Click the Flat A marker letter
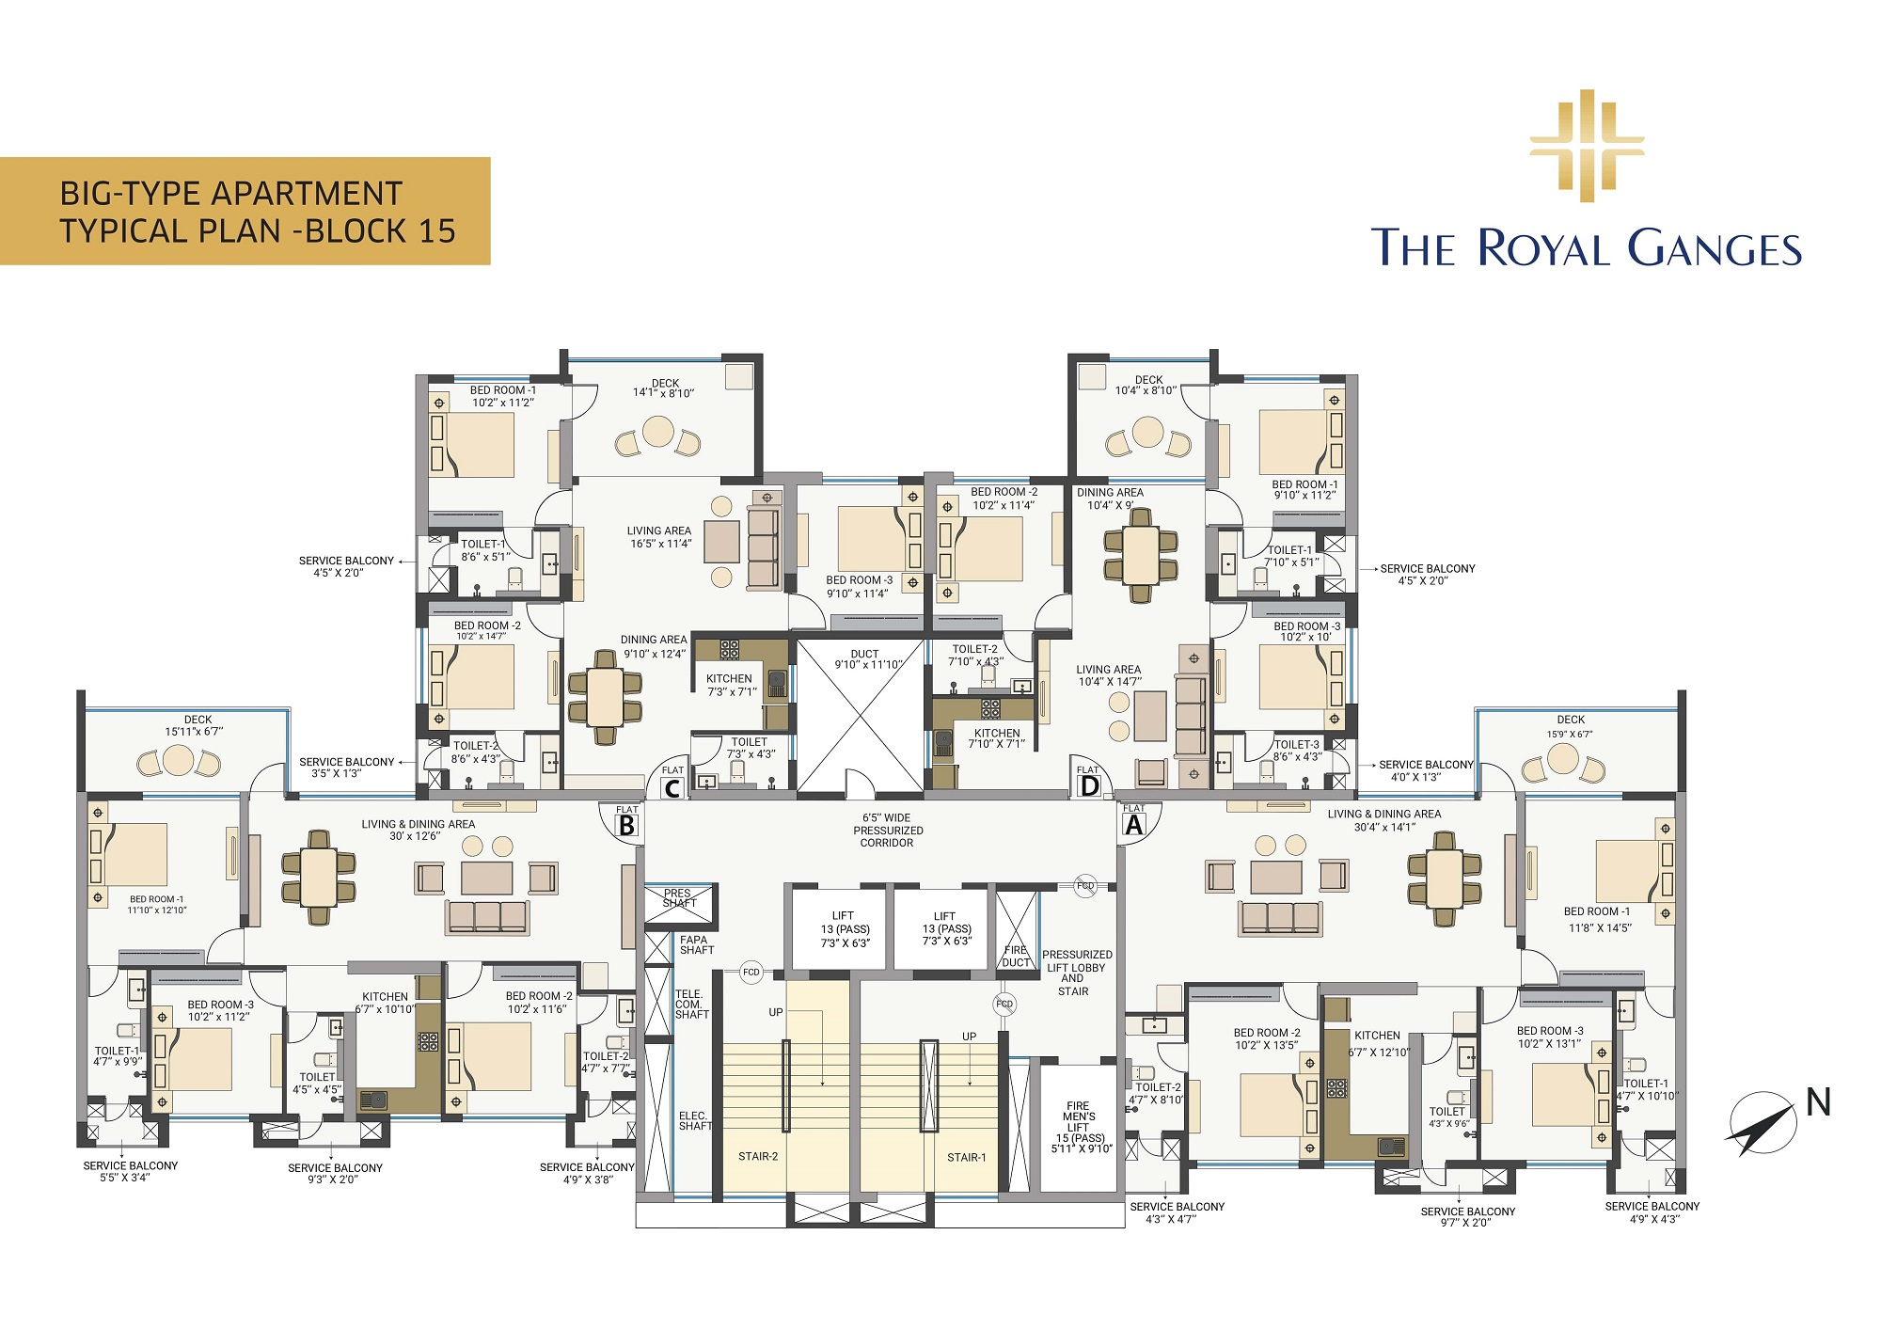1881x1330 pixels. point(1134,825)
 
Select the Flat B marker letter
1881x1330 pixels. point(626,826)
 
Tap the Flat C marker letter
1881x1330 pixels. point(672,788)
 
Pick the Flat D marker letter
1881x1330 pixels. point(1089,786)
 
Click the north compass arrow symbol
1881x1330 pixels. point(1761,1123)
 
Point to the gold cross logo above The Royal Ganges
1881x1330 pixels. point(1587,146)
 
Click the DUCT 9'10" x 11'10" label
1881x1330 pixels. point(866,659)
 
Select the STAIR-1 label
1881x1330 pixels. point(966,1157)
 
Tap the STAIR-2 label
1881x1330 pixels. point(758,1156)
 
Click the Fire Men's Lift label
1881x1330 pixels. point(1081,1127)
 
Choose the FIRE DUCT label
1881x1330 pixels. point(1016,956)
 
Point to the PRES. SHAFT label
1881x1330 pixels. point(678,898)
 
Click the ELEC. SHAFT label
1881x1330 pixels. point(695,1120)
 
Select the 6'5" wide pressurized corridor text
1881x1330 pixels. point(888,831)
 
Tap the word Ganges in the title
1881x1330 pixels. point(1715,248)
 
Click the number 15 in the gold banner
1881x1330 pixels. point(437,231)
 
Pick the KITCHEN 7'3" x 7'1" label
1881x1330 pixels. point(730,685)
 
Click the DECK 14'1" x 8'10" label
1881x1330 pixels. point(664,388)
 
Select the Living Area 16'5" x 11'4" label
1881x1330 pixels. point(659,537)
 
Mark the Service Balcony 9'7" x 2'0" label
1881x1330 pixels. point(1467,1217)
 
